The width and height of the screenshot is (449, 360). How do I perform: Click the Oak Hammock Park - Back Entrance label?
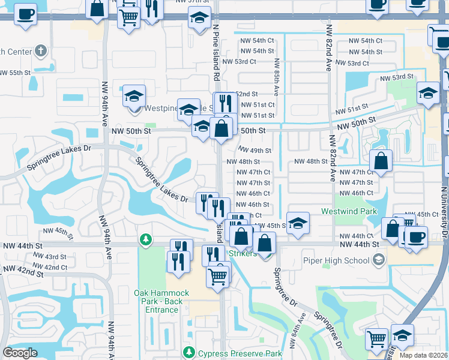click(161, 301)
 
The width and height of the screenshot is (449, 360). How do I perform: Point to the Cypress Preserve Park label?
click(240, 353)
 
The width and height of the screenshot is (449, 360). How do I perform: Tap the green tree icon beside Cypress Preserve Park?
click(190, 352)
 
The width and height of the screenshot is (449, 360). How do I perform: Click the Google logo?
click(20, 353)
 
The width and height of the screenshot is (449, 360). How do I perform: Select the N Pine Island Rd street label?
click(215, 53)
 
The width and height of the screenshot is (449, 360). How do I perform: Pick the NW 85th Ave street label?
click(276, 77)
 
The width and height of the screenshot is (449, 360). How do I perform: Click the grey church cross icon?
click(41, 51)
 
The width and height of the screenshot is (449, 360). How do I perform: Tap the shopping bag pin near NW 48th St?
click(381, 160)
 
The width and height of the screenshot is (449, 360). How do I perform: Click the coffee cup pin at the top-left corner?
click(25, 14)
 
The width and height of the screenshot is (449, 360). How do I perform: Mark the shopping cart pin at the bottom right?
click(376, 339)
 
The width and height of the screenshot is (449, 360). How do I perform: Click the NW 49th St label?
click(255, 151)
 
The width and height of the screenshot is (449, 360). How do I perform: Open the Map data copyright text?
click(424, 355)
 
